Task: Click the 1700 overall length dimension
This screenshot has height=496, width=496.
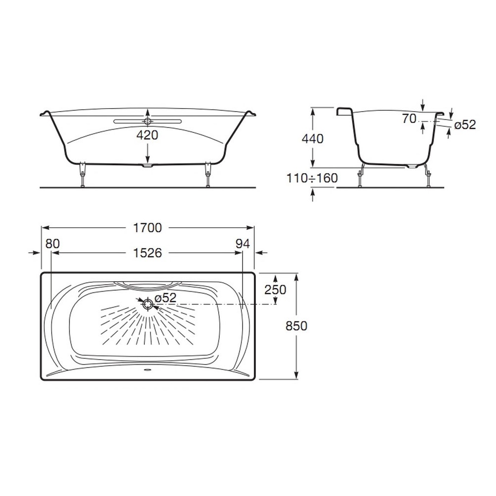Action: click(147, 228)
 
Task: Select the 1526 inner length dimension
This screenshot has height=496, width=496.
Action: click(147, 253)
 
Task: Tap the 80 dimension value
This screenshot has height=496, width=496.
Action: click(53, 244)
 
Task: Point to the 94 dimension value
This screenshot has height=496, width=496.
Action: click(243, 244)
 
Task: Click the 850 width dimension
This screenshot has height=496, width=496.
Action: click(297, 326)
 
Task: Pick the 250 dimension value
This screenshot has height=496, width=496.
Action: click(275, 290)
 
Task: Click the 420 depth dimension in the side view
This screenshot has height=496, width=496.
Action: click(147, 135)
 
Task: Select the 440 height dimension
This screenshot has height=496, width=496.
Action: click(312, 139)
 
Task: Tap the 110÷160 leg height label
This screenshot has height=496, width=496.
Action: click(312, 179)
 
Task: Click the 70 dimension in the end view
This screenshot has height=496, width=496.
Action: click(409, 119)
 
